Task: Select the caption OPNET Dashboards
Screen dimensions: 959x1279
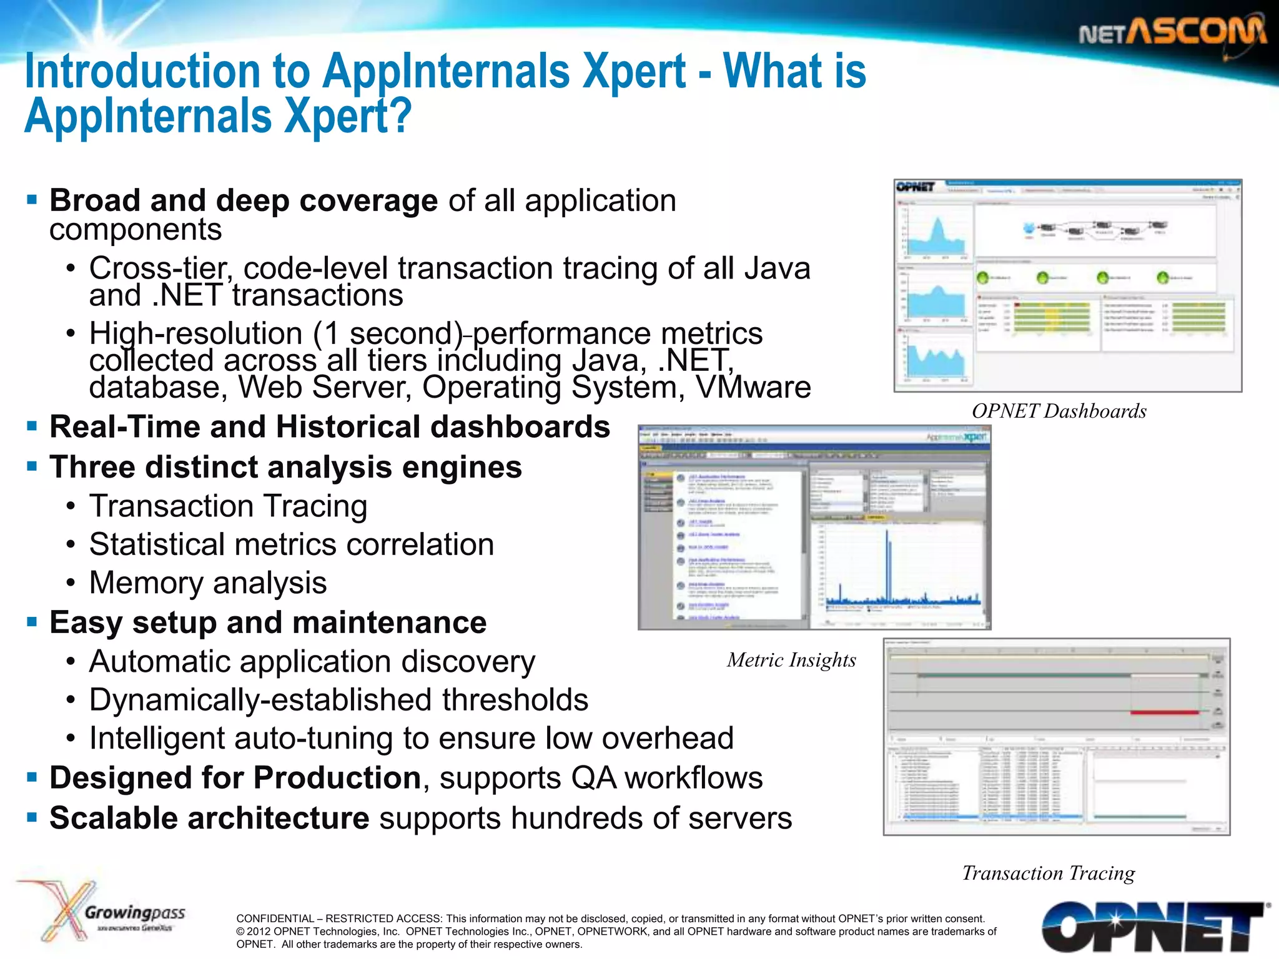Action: click(x=1059, y=411)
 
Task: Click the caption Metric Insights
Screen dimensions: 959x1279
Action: click(x=791, y=660)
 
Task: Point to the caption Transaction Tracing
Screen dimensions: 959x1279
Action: click(x=1048, y=873)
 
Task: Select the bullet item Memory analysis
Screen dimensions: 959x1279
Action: click(x=208, y=583)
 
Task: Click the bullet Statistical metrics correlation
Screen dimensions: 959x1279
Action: click(x=292, y=544)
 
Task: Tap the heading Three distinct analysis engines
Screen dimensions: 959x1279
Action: click(x=285, y=467)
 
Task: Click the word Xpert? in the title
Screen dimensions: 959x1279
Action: click(x=347, y=116)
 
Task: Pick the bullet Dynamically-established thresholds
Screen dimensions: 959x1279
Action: click(x=338, y=699)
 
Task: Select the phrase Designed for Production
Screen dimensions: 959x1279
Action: click(x=235, y=778)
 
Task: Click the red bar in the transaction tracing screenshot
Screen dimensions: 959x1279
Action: click(x=1164, y=712)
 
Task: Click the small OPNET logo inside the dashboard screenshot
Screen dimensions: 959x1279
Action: click(x=916, y=187)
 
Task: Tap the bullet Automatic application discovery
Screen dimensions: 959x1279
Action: click(x=312, y=661)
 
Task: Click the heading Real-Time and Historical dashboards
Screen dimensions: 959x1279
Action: click(x=330, y=427)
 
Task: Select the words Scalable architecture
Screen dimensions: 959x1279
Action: click(x=209, y=818)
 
